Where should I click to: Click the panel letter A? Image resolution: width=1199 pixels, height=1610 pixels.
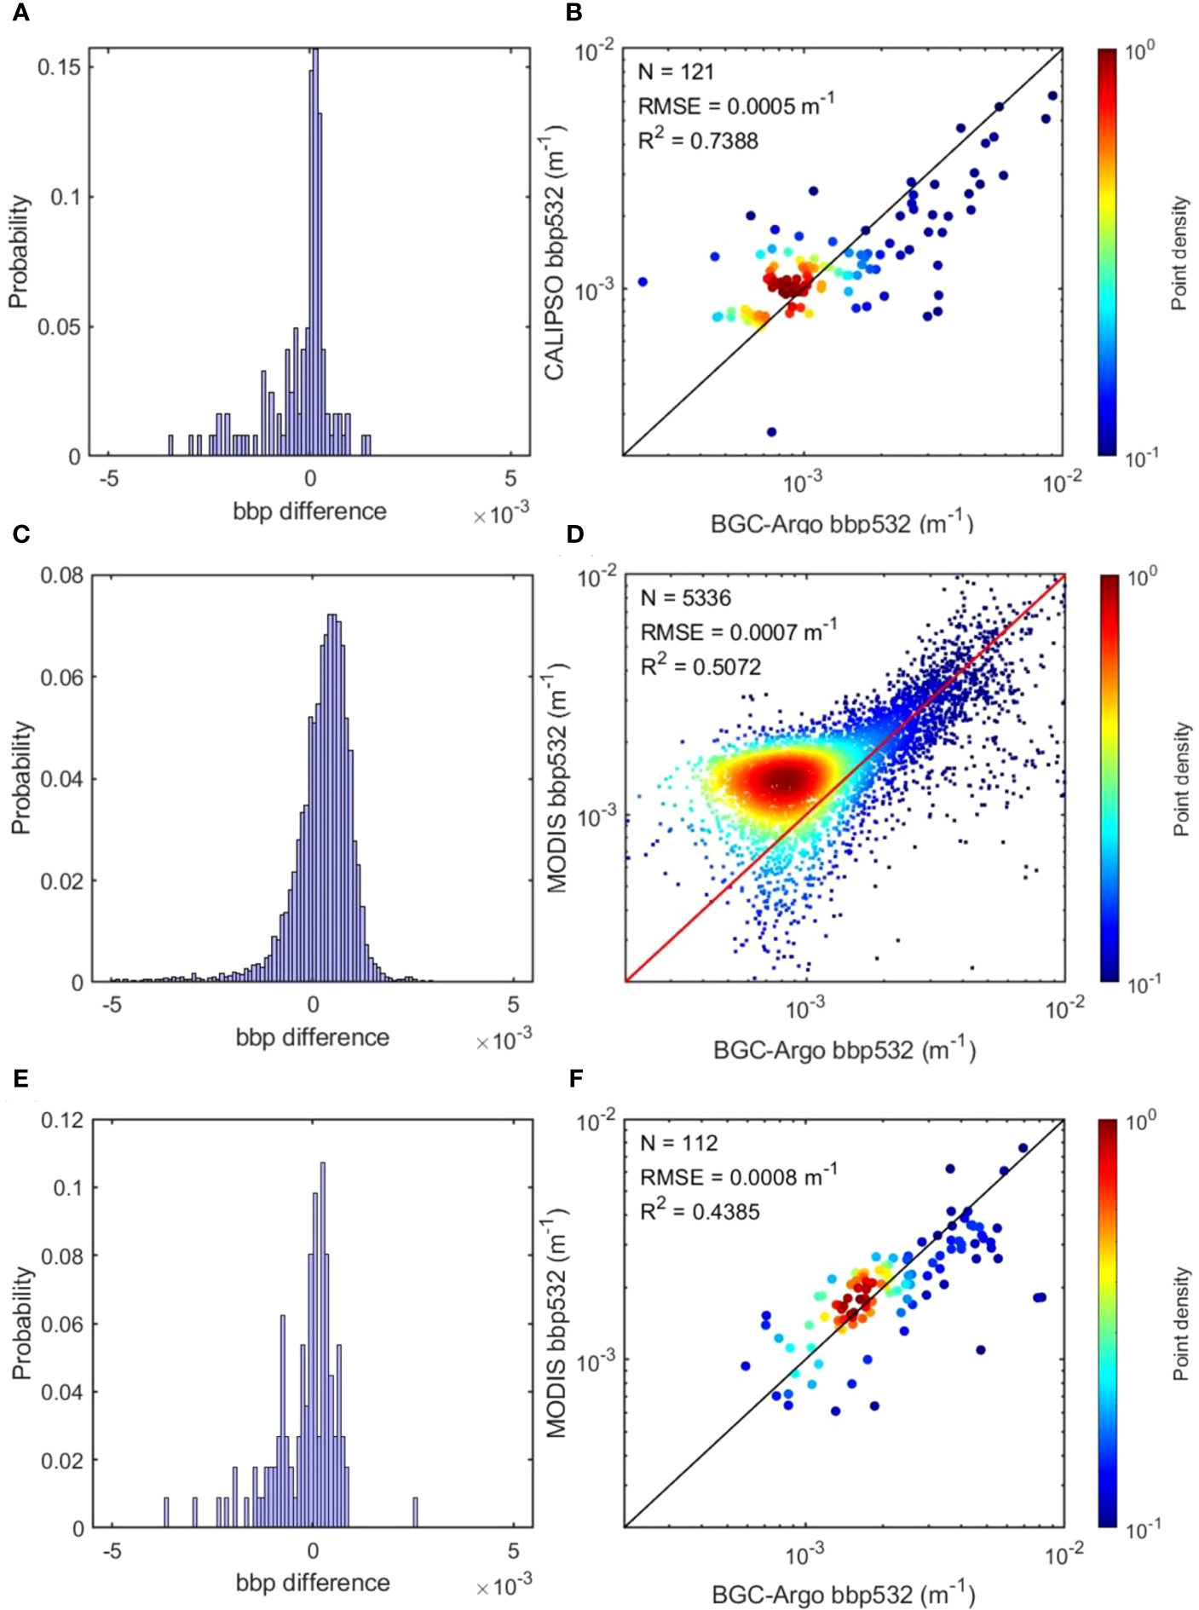coord(20,13)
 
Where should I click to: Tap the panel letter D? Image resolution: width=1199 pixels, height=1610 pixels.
coord(575,534)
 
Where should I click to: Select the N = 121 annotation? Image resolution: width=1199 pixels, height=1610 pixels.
coord(676,72)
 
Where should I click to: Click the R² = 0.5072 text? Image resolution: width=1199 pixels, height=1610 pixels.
coord(700,667)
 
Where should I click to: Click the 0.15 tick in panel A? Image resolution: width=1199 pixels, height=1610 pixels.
coord(60,66)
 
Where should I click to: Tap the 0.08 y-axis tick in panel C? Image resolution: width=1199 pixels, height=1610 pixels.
coord(62,575)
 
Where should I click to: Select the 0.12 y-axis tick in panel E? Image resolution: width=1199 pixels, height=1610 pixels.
coord(63,1120)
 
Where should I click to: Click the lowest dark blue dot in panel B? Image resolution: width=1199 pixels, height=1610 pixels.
coord(771,432)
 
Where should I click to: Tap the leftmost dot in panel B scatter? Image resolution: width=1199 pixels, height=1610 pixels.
coord(643,281)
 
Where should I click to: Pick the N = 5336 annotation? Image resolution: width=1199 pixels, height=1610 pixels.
coord(685,597)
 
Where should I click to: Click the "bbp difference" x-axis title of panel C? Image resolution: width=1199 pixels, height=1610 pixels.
coord(312,1037)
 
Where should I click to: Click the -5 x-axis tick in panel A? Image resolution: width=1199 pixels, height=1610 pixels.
coord(109,479)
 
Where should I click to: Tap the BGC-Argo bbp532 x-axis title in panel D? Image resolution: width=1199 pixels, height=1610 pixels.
coord(844,1050)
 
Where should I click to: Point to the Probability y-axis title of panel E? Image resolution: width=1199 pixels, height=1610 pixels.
coord(21,1323)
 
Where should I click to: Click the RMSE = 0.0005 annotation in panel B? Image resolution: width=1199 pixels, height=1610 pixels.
coord(735,106)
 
